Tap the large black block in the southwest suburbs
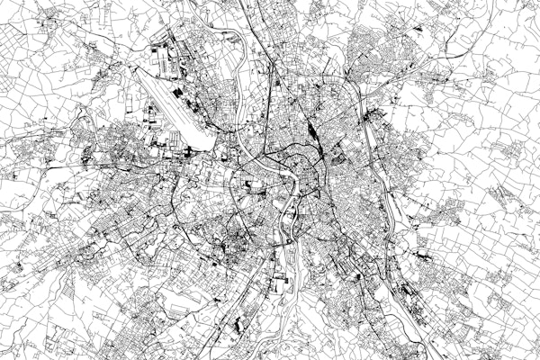[241, 322]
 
